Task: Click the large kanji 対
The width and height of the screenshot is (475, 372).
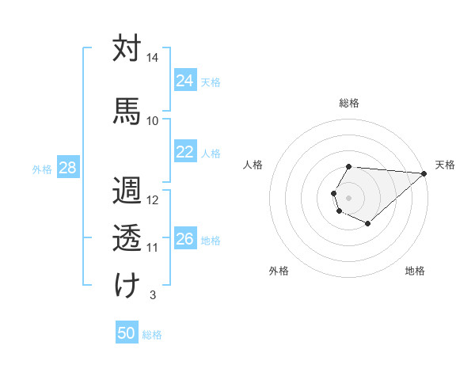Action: click(x=127, y=48)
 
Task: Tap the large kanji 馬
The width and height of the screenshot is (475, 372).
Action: click(x=127, y=110)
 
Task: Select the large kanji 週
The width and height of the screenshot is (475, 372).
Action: click(x=127, y=191)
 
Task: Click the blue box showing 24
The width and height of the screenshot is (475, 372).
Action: click(x=185, y=81)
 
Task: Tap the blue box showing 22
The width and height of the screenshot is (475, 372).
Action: click(x=185, y=152)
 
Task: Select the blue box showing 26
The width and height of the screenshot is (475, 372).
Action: click(x=185, y=239)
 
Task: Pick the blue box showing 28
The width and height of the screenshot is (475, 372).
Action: click(x=67, y=168)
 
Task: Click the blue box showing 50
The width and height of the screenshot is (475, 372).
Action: click(x=127, y=333)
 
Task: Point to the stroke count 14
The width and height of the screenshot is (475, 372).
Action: click(x=153, y=59)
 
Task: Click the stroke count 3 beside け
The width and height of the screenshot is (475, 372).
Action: click(x=152, y=295)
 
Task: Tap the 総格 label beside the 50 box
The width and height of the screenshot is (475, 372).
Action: click(x=152, y=335)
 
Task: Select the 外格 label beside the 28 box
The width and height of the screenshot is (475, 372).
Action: click(x=42, y=169)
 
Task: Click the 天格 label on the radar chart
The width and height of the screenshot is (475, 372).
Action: click(x=445, y=165)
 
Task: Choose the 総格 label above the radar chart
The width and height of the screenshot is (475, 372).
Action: click(x=349, y=103)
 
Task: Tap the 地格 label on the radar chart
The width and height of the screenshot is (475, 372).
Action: click(x=415, y=271)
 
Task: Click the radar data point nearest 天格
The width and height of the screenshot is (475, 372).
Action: click(x=424, y=173)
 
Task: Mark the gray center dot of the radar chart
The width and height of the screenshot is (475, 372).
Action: click(x=348, y=196)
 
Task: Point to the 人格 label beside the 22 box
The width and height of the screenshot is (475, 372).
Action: click(x=211, y=154)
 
